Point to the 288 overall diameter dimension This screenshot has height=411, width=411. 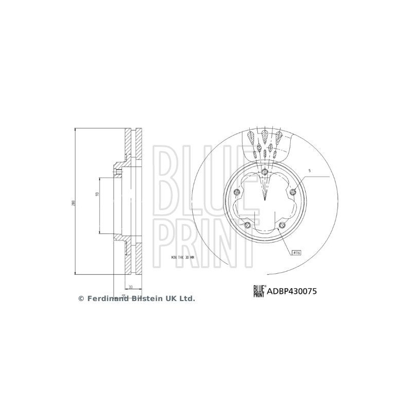(74, 202)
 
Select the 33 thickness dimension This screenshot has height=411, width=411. (131, 287)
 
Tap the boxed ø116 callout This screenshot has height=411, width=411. (297, 253)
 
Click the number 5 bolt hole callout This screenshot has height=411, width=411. (310, 170)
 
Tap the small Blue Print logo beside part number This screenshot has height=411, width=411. (258, 291)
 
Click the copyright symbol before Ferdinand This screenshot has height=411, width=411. (81, 298)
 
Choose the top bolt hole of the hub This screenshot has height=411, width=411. (264, 172)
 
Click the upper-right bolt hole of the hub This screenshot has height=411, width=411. (293, 192)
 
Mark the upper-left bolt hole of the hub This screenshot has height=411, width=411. (236, 193)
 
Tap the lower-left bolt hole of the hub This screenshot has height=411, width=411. (247, 226)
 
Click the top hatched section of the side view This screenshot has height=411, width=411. (131, 145)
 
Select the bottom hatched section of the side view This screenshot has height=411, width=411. (131, 260)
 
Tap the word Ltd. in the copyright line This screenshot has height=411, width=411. (187, 298)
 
